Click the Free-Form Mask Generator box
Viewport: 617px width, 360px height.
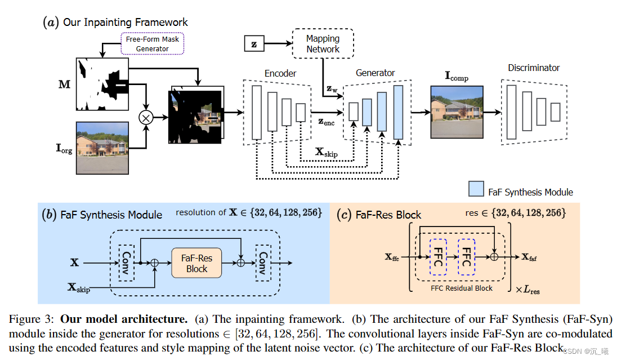coord(152,44)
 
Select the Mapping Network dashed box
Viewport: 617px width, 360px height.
coord(323,44)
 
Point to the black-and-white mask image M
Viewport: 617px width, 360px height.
coord(102,84)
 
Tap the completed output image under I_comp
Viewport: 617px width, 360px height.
coord(457,112)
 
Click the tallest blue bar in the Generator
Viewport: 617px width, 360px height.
coord(399,112)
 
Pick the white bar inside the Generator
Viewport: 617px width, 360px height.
coord(354,112)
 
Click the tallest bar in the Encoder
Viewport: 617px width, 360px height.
coord(257,112)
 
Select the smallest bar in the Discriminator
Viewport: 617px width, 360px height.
coord(555,112)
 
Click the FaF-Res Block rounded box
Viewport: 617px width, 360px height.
coord(196,263)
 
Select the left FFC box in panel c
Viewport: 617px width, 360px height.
coord(437,257)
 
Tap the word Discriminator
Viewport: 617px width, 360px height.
coord(534,68)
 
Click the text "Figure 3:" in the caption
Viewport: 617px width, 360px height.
coord(32,319)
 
